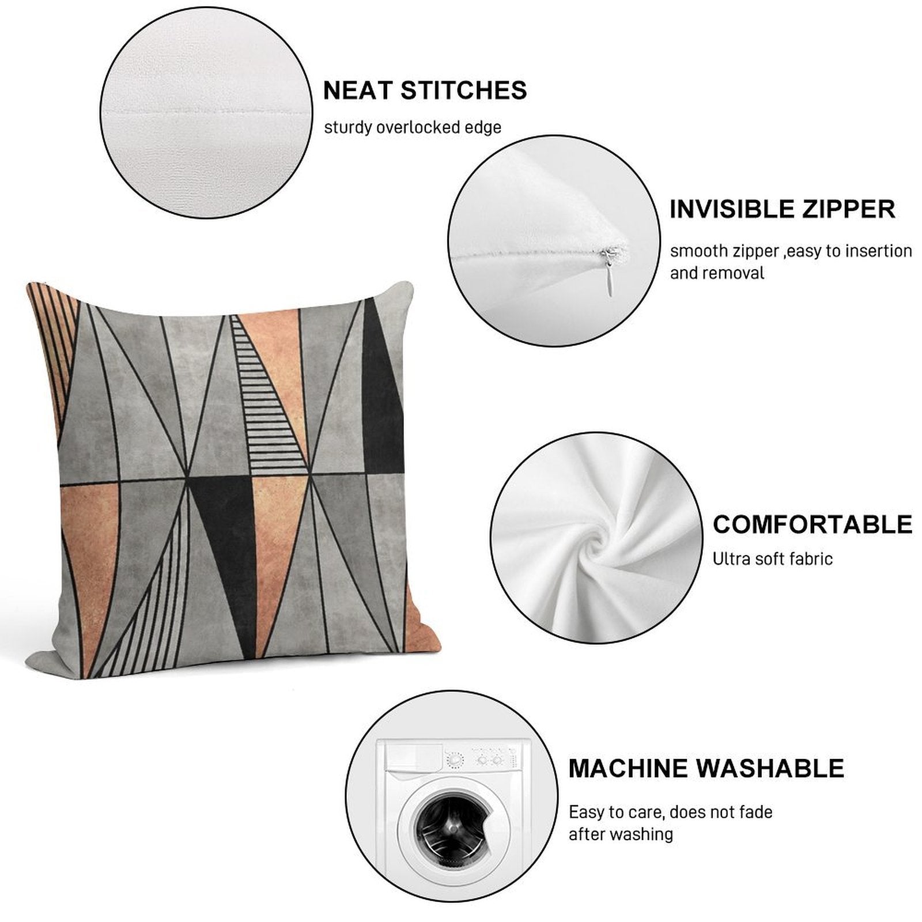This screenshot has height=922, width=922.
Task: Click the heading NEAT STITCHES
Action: (x=425, y=90)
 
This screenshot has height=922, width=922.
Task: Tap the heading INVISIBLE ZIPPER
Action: (x=783, y=209)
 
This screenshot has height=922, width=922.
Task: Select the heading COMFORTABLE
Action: (x=813, y=524)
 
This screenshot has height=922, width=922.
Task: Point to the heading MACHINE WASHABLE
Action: (x=706, y=768)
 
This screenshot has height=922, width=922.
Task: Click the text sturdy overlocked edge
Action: (x=413, y=127)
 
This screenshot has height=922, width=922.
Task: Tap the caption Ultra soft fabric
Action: (x=772, y=558)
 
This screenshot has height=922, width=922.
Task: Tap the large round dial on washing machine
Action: (x=455, y=760)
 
